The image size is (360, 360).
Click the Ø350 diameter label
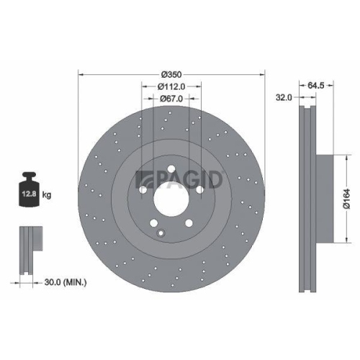pos(171,75)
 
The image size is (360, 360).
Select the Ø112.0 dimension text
pos(171,86)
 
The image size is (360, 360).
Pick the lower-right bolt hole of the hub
pos(189,224)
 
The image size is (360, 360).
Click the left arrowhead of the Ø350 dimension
pos(80,75)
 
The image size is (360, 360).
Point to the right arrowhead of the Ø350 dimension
pos(264,75)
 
